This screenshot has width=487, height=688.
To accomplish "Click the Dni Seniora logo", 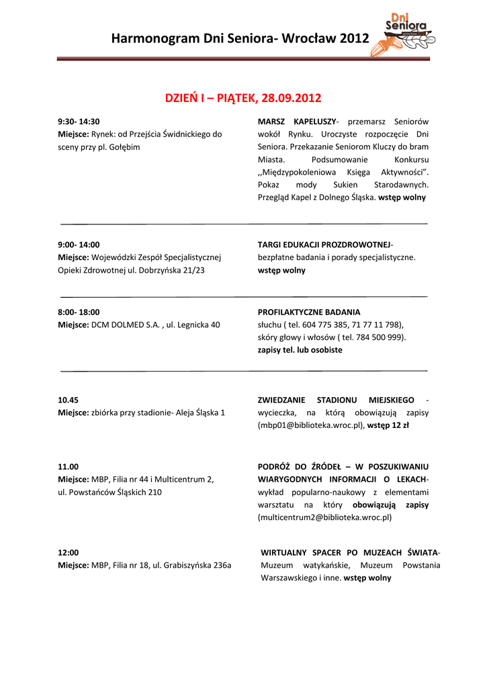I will pyautogui.click(x=408, y=33).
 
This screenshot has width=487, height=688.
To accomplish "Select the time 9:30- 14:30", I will pyautogui.click(x=79, y=122).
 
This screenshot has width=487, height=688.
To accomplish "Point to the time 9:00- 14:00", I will pyautogui.click(x=79, y=245).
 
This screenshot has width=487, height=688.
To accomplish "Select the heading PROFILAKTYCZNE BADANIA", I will pyautogui.click(x=309, y=312).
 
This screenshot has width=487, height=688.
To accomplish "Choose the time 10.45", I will pyautogui.click(x=69, y=400).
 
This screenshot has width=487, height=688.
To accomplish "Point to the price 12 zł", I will pyautogui.click(x=402, y=425).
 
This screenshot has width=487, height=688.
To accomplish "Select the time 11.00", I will pyautogui.click(x=69, y=466).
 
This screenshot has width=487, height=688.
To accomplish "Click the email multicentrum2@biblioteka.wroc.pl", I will pyautogui.click(x=324, y=517).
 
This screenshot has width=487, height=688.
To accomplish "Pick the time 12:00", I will pyautogui.click(x=69, y=552).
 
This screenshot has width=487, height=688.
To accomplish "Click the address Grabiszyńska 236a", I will pyautogui.click(x=197, y=565).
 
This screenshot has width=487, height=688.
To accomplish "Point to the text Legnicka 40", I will pyautogui.click(x=198, y=325).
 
